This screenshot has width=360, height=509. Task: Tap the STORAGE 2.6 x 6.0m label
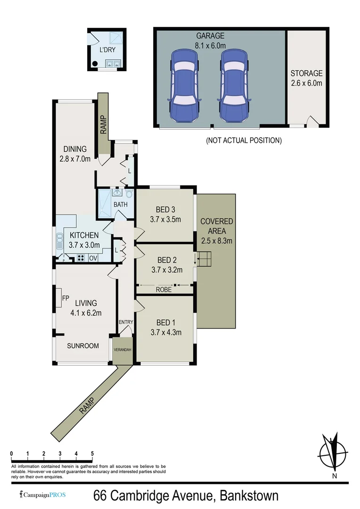tap(306, 78)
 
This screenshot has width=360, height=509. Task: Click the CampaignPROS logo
tap(42, 495)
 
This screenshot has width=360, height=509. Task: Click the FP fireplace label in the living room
tap(65, 298)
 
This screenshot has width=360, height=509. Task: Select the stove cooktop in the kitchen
tap(80, 258)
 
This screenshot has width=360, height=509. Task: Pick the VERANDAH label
tap(123, 350)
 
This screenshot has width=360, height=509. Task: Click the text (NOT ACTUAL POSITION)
tap(244, 140)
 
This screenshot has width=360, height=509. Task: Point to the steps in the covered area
tap(204, 259)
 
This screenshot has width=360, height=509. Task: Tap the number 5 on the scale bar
tap(92, 453)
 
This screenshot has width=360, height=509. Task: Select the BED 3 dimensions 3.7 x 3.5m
tap(165, 219)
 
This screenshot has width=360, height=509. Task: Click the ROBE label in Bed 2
tap(164, 290)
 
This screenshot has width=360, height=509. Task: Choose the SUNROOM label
tap(83, 345)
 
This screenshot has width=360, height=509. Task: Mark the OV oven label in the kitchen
tap(93, 258)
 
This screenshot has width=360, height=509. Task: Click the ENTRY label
tap(126, 322)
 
